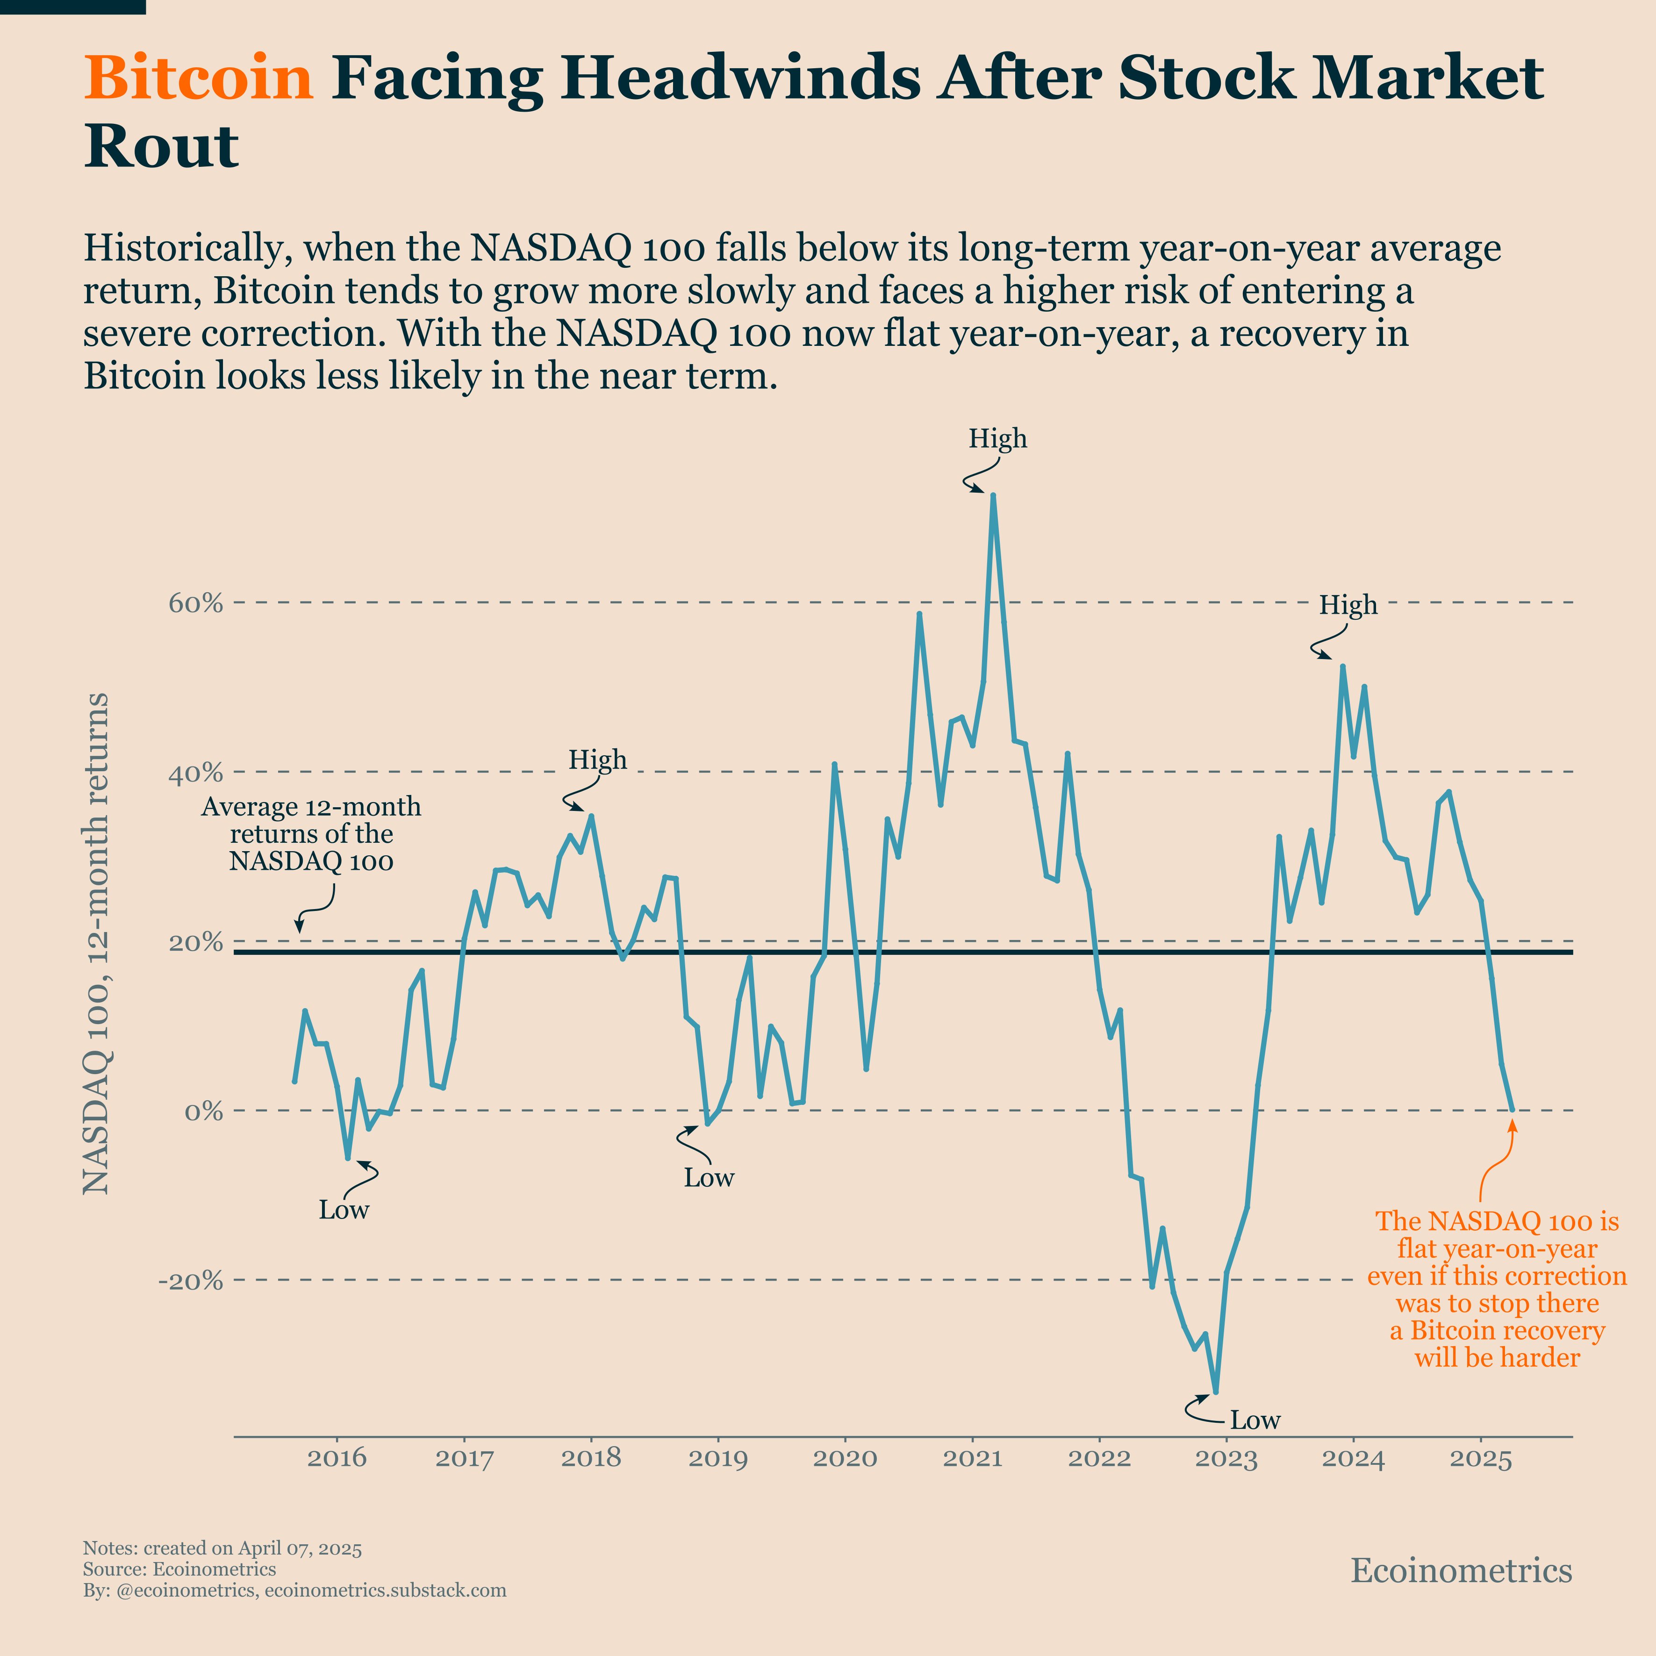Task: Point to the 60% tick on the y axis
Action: click(195, 603)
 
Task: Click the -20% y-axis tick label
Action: click(190, 1281)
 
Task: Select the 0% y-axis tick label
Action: click(203, 1112)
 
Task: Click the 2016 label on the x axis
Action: click(337, 1458)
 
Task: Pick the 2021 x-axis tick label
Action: click(972, 1458)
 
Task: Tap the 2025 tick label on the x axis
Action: click(1480, 1458)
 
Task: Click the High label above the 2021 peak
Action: click(998, 439)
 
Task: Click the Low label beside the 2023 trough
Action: click(1255, 1420)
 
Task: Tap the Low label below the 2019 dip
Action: click(709, 1178)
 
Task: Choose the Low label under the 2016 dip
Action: click(344, 1210)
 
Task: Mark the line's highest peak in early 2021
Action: click(993, 495)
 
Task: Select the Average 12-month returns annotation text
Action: click(311, 834)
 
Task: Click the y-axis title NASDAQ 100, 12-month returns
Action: click(96, 943)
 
